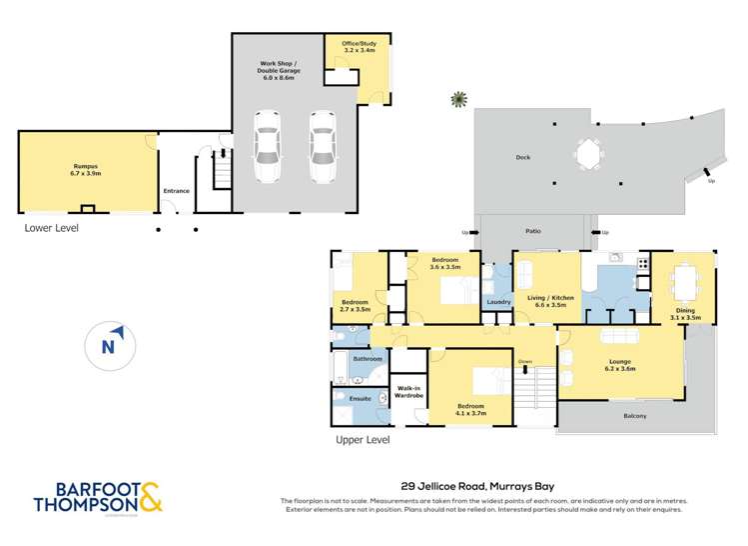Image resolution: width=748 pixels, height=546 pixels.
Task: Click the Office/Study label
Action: tap(359, 47)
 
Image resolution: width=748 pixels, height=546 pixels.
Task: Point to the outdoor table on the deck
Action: tap(587, 155)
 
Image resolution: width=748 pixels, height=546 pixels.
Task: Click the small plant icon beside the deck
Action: tap(458, 99)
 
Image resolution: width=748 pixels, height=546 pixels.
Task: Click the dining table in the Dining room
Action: tap(684, 279)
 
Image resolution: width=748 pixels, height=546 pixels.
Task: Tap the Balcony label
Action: tap(634, 416)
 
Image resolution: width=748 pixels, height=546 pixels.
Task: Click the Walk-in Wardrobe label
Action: tap(409, 392)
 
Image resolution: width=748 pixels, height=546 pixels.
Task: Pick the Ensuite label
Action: tap(360, 399)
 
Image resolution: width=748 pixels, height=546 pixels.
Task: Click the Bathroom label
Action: tap(368, 358)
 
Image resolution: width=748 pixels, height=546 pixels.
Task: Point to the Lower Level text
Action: tap(51, 228)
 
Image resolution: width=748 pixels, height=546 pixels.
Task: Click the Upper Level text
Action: tap(362, 439)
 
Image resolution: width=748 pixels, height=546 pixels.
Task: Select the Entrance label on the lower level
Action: tap(176, 191)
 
